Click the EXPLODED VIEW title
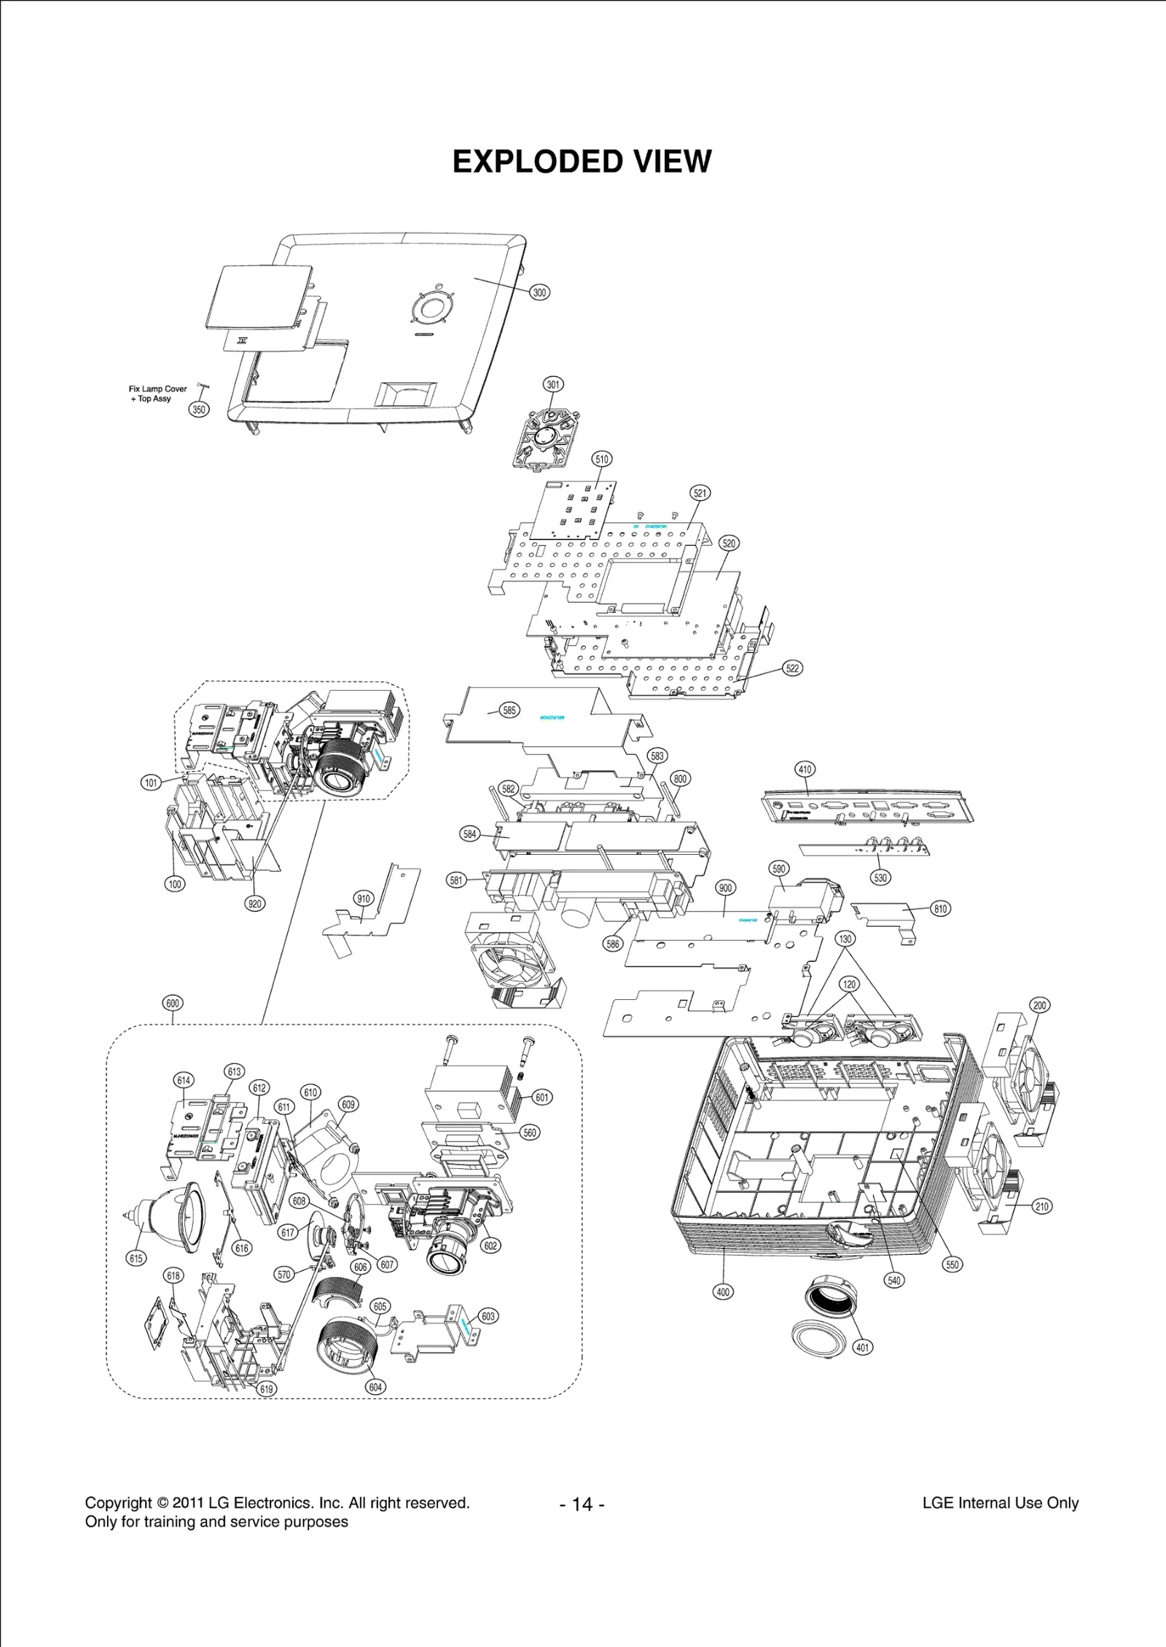coord(582,162)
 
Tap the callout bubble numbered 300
coord(539,292)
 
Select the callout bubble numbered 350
coord(199,410)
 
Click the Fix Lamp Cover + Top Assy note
coord(157,394)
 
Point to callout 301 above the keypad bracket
coord(554,384)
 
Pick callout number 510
coord(602,459)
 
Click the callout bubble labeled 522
coord(792,668)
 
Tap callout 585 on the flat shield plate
coord(509,710)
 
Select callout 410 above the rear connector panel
coord(805,770)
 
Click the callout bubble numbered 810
coord(941,909)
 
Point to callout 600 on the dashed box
coord(173,1003)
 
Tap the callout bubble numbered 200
coord(1039,1005)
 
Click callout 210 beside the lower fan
coord(1042,1206)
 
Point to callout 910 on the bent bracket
coord(363,899)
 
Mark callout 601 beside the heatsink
coord(542,1097)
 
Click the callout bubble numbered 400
coord(722,1291)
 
